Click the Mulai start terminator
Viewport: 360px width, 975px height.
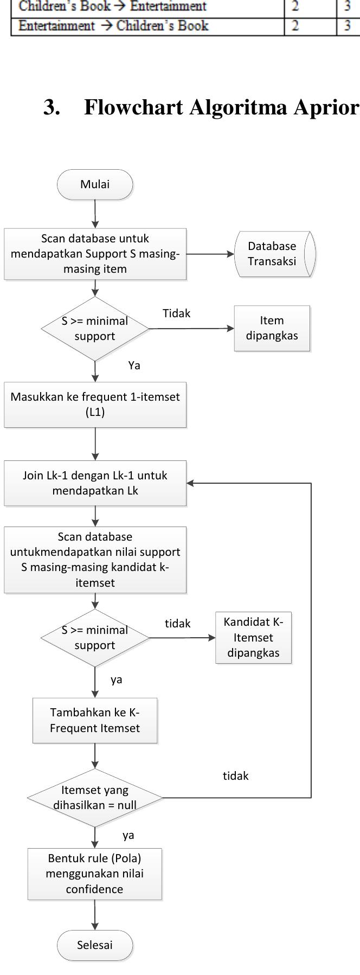coord(95,184)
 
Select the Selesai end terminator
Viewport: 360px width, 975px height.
coord(95,945)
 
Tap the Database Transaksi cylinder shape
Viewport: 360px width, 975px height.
coord(274,254)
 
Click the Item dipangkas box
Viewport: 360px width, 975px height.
coord(272,328)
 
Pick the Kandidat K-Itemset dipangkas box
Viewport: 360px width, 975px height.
coord(253,638)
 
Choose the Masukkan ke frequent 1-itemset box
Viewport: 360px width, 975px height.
coord(95,405)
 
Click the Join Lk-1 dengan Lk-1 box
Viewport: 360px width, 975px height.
coord(95,483)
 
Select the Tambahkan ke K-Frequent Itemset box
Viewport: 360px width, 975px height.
coord(95,721)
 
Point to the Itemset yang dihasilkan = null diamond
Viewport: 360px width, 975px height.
coord(95,798)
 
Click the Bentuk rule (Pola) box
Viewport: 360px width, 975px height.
coord(95,874)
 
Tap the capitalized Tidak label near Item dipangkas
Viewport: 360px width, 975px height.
coord(177,313)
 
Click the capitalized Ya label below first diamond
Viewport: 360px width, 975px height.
coord(134,365)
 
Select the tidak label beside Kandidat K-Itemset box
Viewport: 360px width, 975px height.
coord(178,624)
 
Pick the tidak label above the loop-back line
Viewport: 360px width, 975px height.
coord(236,776)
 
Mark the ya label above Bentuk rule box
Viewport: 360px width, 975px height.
coord(128,835)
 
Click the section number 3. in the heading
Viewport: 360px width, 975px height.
coord(52,108)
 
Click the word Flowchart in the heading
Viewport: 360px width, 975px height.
coord(133,108)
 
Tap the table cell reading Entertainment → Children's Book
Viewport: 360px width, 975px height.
coord(113,26)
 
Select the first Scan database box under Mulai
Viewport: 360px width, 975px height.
coord(95,254)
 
